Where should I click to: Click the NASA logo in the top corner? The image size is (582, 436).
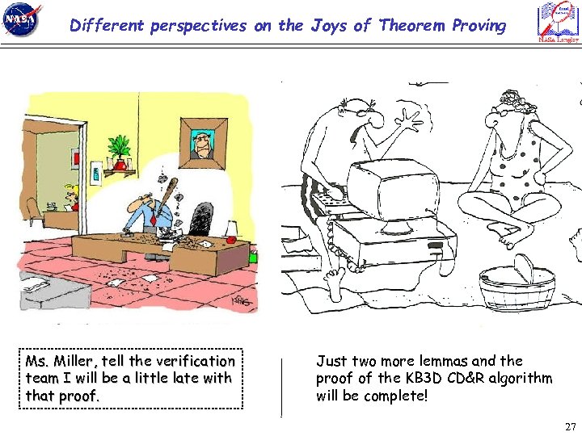click(23, 21)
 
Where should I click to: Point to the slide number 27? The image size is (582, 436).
click(571, 426)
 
